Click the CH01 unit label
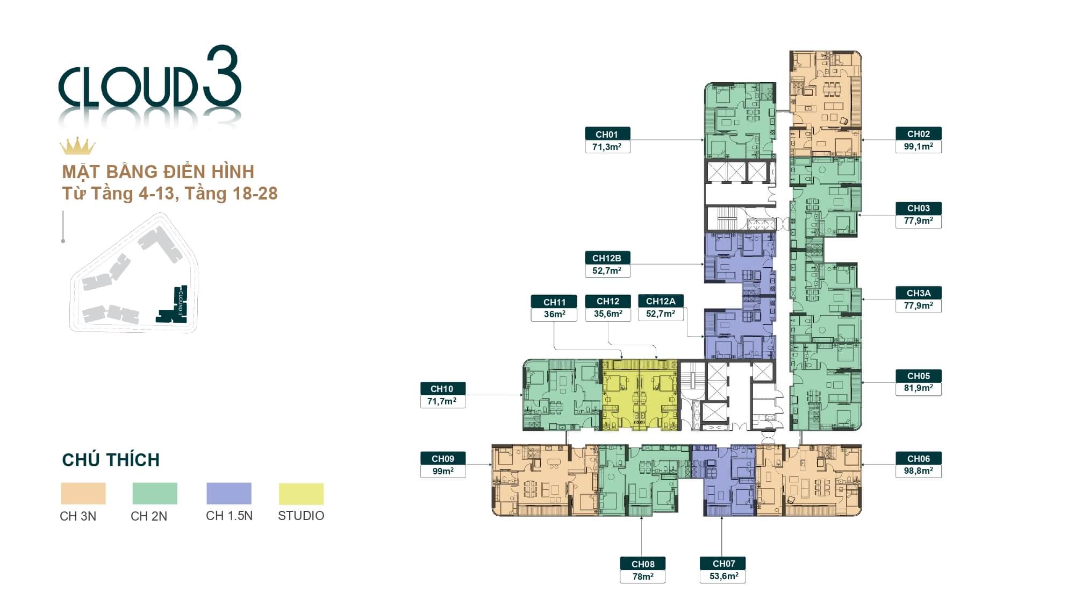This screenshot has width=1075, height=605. pos(607,134)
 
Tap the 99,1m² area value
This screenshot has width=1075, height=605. pos(918,146)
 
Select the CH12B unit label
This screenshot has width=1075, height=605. pos(607,258)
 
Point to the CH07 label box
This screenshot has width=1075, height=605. pos(723,564)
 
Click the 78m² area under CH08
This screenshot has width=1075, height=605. pos(643,576)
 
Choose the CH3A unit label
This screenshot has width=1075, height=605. pos(918,293)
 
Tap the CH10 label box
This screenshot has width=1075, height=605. pos(442,389)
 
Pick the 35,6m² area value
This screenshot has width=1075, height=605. pos(608,314)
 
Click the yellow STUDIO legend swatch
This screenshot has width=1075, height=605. pos(301,494)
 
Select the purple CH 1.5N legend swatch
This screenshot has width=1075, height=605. pos(229,494)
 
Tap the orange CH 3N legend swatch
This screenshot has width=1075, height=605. pos(83,494)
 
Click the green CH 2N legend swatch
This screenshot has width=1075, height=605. pos(155,494)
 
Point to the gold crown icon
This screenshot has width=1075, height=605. pos(77,146)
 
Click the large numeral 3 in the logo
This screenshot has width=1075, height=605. pos(221,76)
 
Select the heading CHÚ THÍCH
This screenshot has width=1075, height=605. pos(111,460)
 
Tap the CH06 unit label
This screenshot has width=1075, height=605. pos(918,459)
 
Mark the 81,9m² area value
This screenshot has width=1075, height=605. pos(918,388)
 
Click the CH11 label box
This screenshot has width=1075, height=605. pos(554,302)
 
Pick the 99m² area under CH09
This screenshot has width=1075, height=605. pos(443,471)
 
